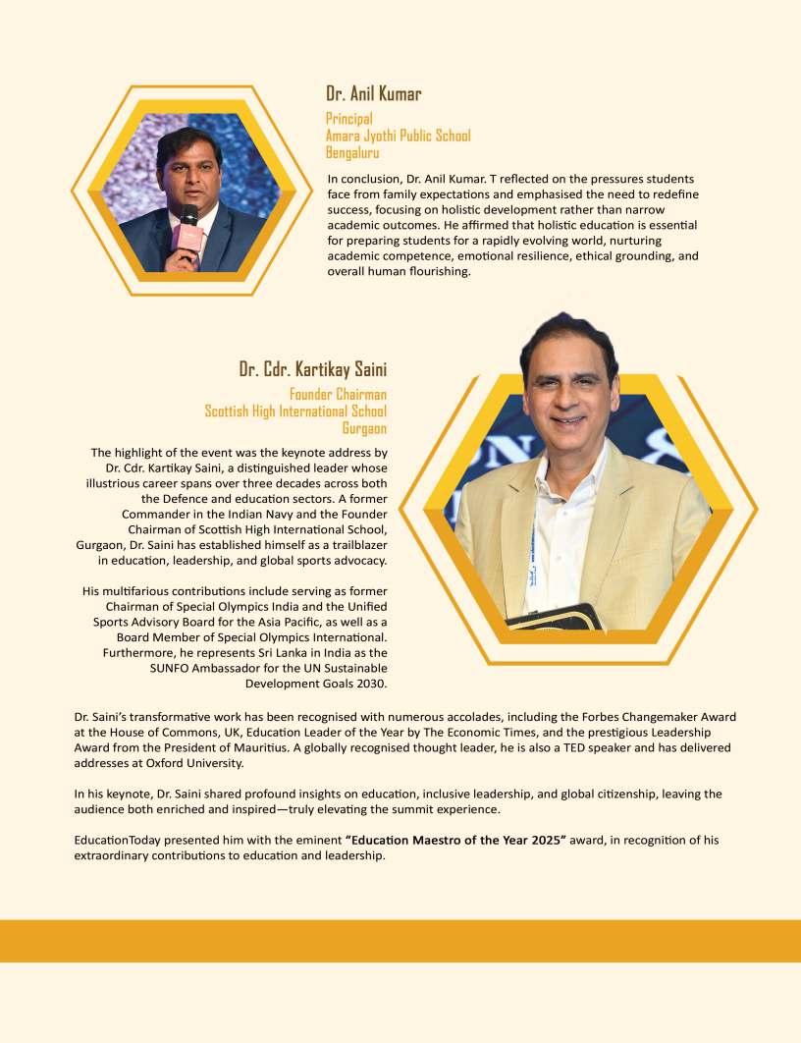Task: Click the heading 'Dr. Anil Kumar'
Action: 374,94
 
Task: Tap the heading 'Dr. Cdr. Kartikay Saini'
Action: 313,369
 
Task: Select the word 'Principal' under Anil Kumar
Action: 349,119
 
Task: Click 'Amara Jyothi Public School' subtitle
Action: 399,136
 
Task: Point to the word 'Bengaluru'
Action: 352,152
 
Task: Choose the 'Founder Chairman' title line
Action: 338,395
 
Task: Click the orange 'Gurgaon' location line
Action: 364,428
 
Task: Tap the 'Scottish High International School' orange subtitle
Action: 295,412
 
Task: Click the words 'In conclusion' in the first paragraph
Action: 363,179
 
